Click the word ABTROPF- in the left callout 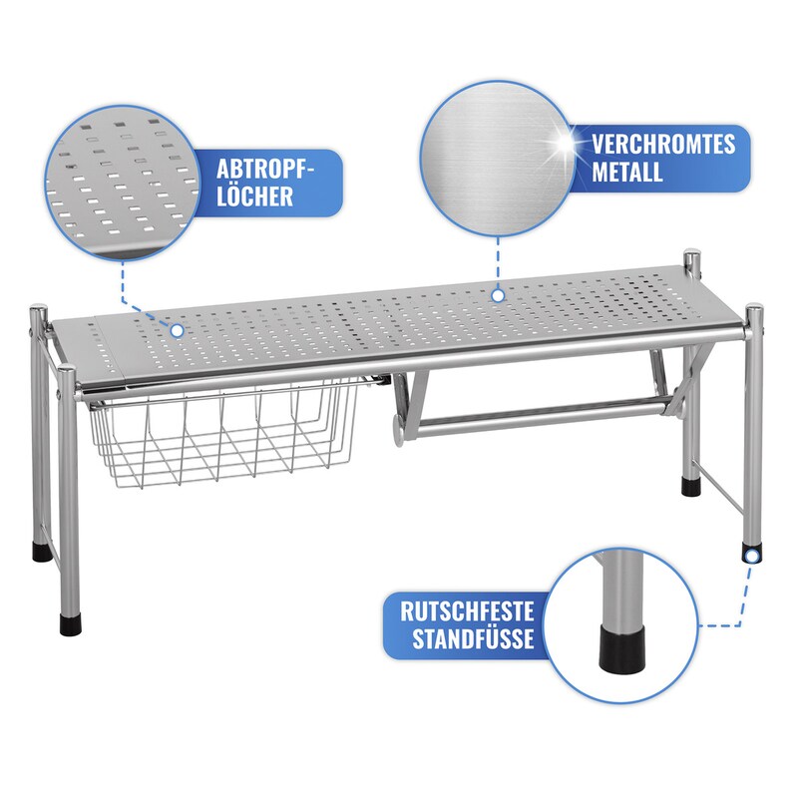click(x=265, y=169)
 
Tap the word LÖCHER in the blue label click(x=255, y=196)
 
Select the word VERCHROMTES click(x=663, y=144)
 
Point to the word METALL click(x=627, y=172)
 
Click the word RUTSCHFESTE click(x=467, y=611)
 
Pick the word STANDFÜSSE click(x=473, y=638)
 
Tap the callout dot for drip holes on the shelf click(x=178, y=331)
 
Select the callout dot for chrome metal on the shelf click(x=498, y=295)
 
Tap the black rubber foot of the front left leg click(x=70, y=624)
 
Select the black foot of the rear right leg click(x=691, y=486)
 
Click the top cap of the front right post click(x=754, y=309)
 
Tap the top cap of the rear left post click(x=39, y=310)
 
